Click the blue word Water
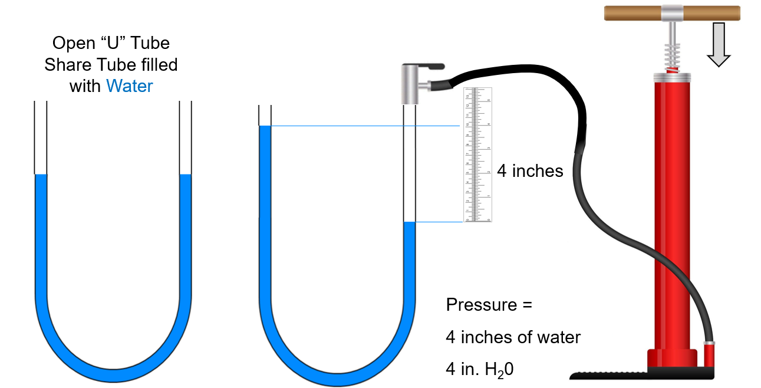point(129,86)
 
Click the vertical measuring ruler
point(477,155)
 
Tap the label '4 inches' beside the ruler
point(530,171)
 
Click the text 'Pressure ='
point(489,305)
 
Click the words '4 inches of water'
point(513,337)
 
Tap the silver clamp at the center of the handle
point(672,12)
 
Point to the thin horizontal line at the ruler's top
point(365,126)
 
